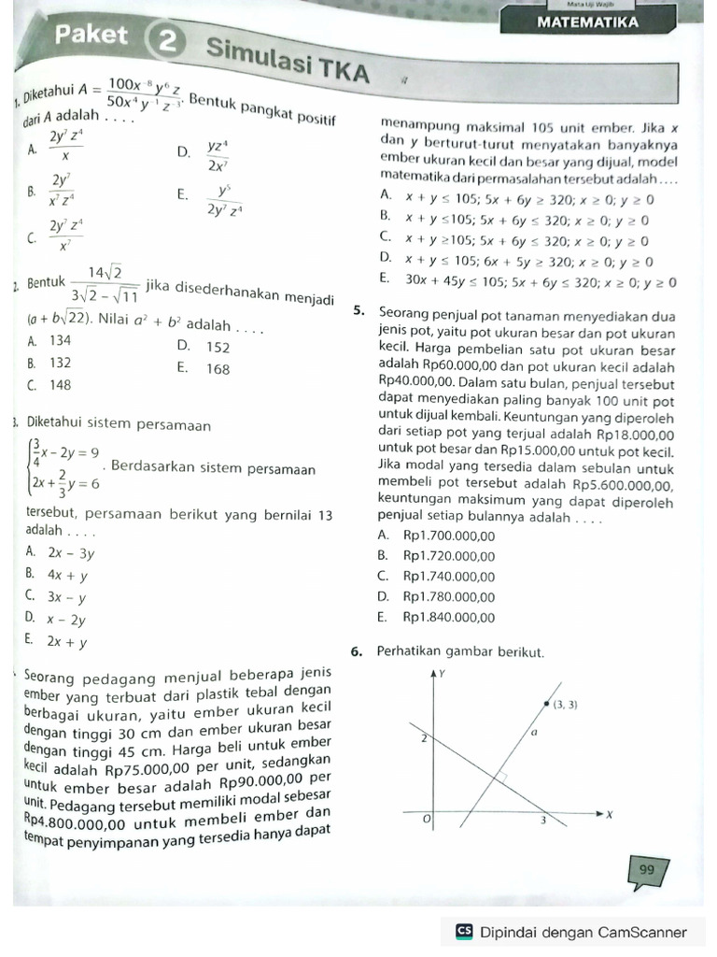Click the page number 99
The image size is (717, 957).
(647, 870)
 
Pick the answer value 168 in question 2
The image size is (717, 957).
(218, 369)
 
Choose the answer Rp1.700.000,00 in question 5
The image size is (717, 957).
(449, 536)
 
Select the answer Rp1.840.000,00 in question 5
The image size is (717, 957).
(449, 617)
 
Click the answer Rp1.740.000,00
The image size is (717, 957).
(449, 577)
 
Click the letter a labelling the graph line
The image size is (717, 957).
(534, 734)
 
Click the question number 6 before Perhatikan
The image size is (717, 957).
(358, 651)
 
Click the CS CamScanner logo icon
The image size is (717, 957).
(464, 932)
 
